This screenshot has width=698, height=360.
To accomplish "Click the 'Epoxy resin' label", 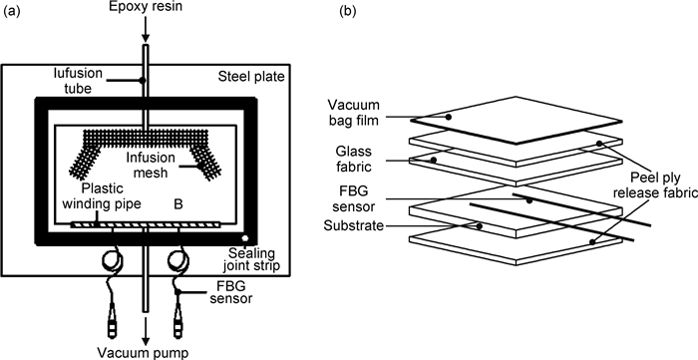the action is pyautogui.click(x=145, y=8).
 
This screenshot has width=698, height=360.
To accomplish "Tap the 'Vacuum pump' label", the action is pyautogui.click(x=143, y=353).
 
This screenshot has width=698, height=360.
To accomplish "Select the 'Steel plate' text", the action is pyautogui.click(x=251, y=77).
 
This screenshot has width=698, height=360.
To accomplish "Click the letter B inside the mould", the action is pyautogui.click(x=178, y=204).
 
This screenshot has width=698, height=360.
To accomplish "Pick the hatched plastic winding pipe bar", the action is pyautogui.click(x=146, y=224).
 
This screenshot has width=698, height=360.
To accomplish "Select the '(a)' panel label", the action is pyautogui.click(x=12, y=12).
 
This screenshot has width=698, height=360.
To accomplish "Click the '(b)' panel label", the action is pyautogui.click(x=348, y=12).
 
